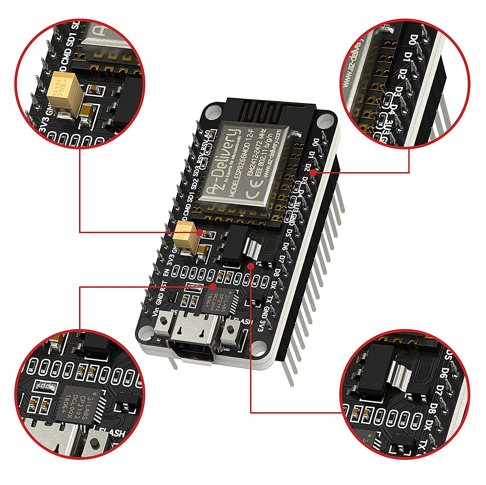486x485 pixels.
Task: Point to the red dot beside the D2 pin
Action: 313,173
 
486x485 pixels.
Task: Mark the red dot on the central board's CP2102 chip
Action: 213,287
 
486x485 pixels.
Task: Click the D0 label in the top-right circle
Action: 412,40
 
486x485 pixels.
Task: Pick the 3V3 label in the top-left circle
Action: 43,125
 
